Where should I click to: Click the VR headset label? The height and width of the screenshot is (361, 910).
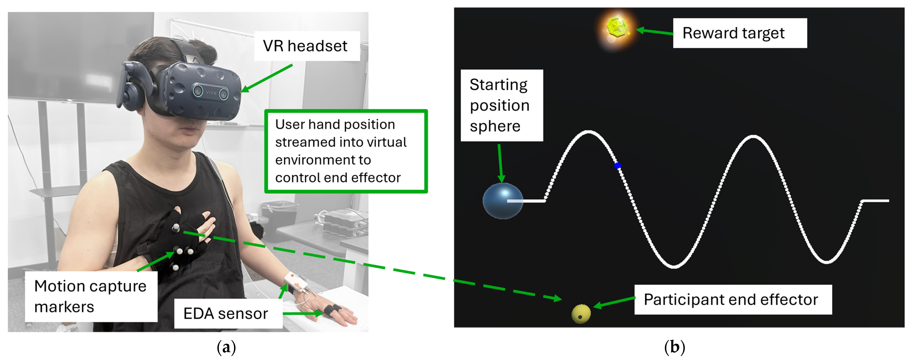[305, 46]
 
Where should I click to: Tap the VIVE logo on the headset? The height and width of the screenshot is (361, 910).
[211, 93]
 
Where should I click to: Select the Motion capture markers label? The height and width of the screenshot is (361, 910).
[90, 296]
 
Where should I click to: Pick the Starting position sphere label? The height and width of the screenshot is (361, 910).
[501, 105]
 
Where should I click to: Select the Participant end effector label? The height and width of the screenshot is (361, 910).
[732, 299]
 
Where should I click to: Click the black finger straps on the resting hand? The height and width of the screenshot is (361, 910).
[332, 309]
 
